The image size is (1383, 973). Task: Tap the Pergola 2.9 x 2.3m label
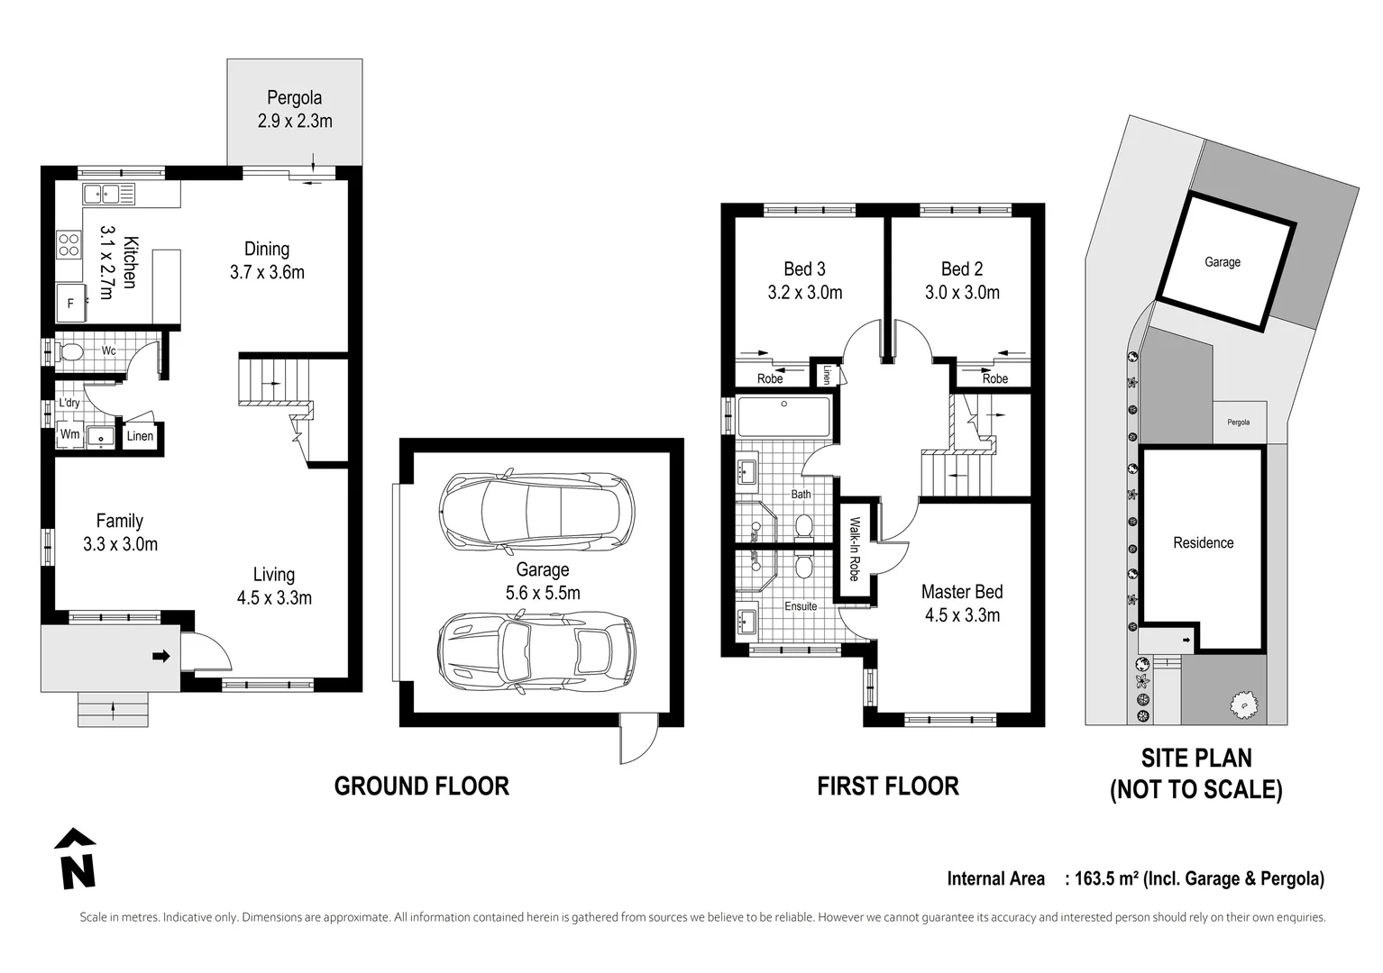coord(295,109)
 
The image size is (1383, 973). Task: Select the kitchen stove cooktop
coord(69,244)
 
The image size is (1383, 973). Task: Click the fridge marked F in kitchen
coord(70,304)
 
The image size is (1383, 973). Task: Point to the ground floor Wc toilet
coord(69,352)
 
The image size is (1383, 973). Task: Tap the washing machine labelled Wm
coord(69,434)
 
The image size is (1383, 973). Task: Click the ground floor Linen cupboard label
coord(140,436)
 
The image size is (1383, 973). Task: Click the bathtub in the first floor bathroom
coord(783,417)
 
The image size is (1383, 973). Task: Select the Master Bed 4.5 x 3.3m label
coord(962,604)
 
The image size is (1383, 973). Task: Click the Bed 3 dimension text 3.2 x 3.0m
coord(804,292)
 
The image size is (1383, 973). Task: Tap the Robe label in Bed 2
coord(994,378)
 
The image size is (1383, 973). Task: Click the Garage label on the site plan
coord(1223,262)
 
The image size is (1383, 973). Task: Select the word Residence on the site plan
coord(1203,542)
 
